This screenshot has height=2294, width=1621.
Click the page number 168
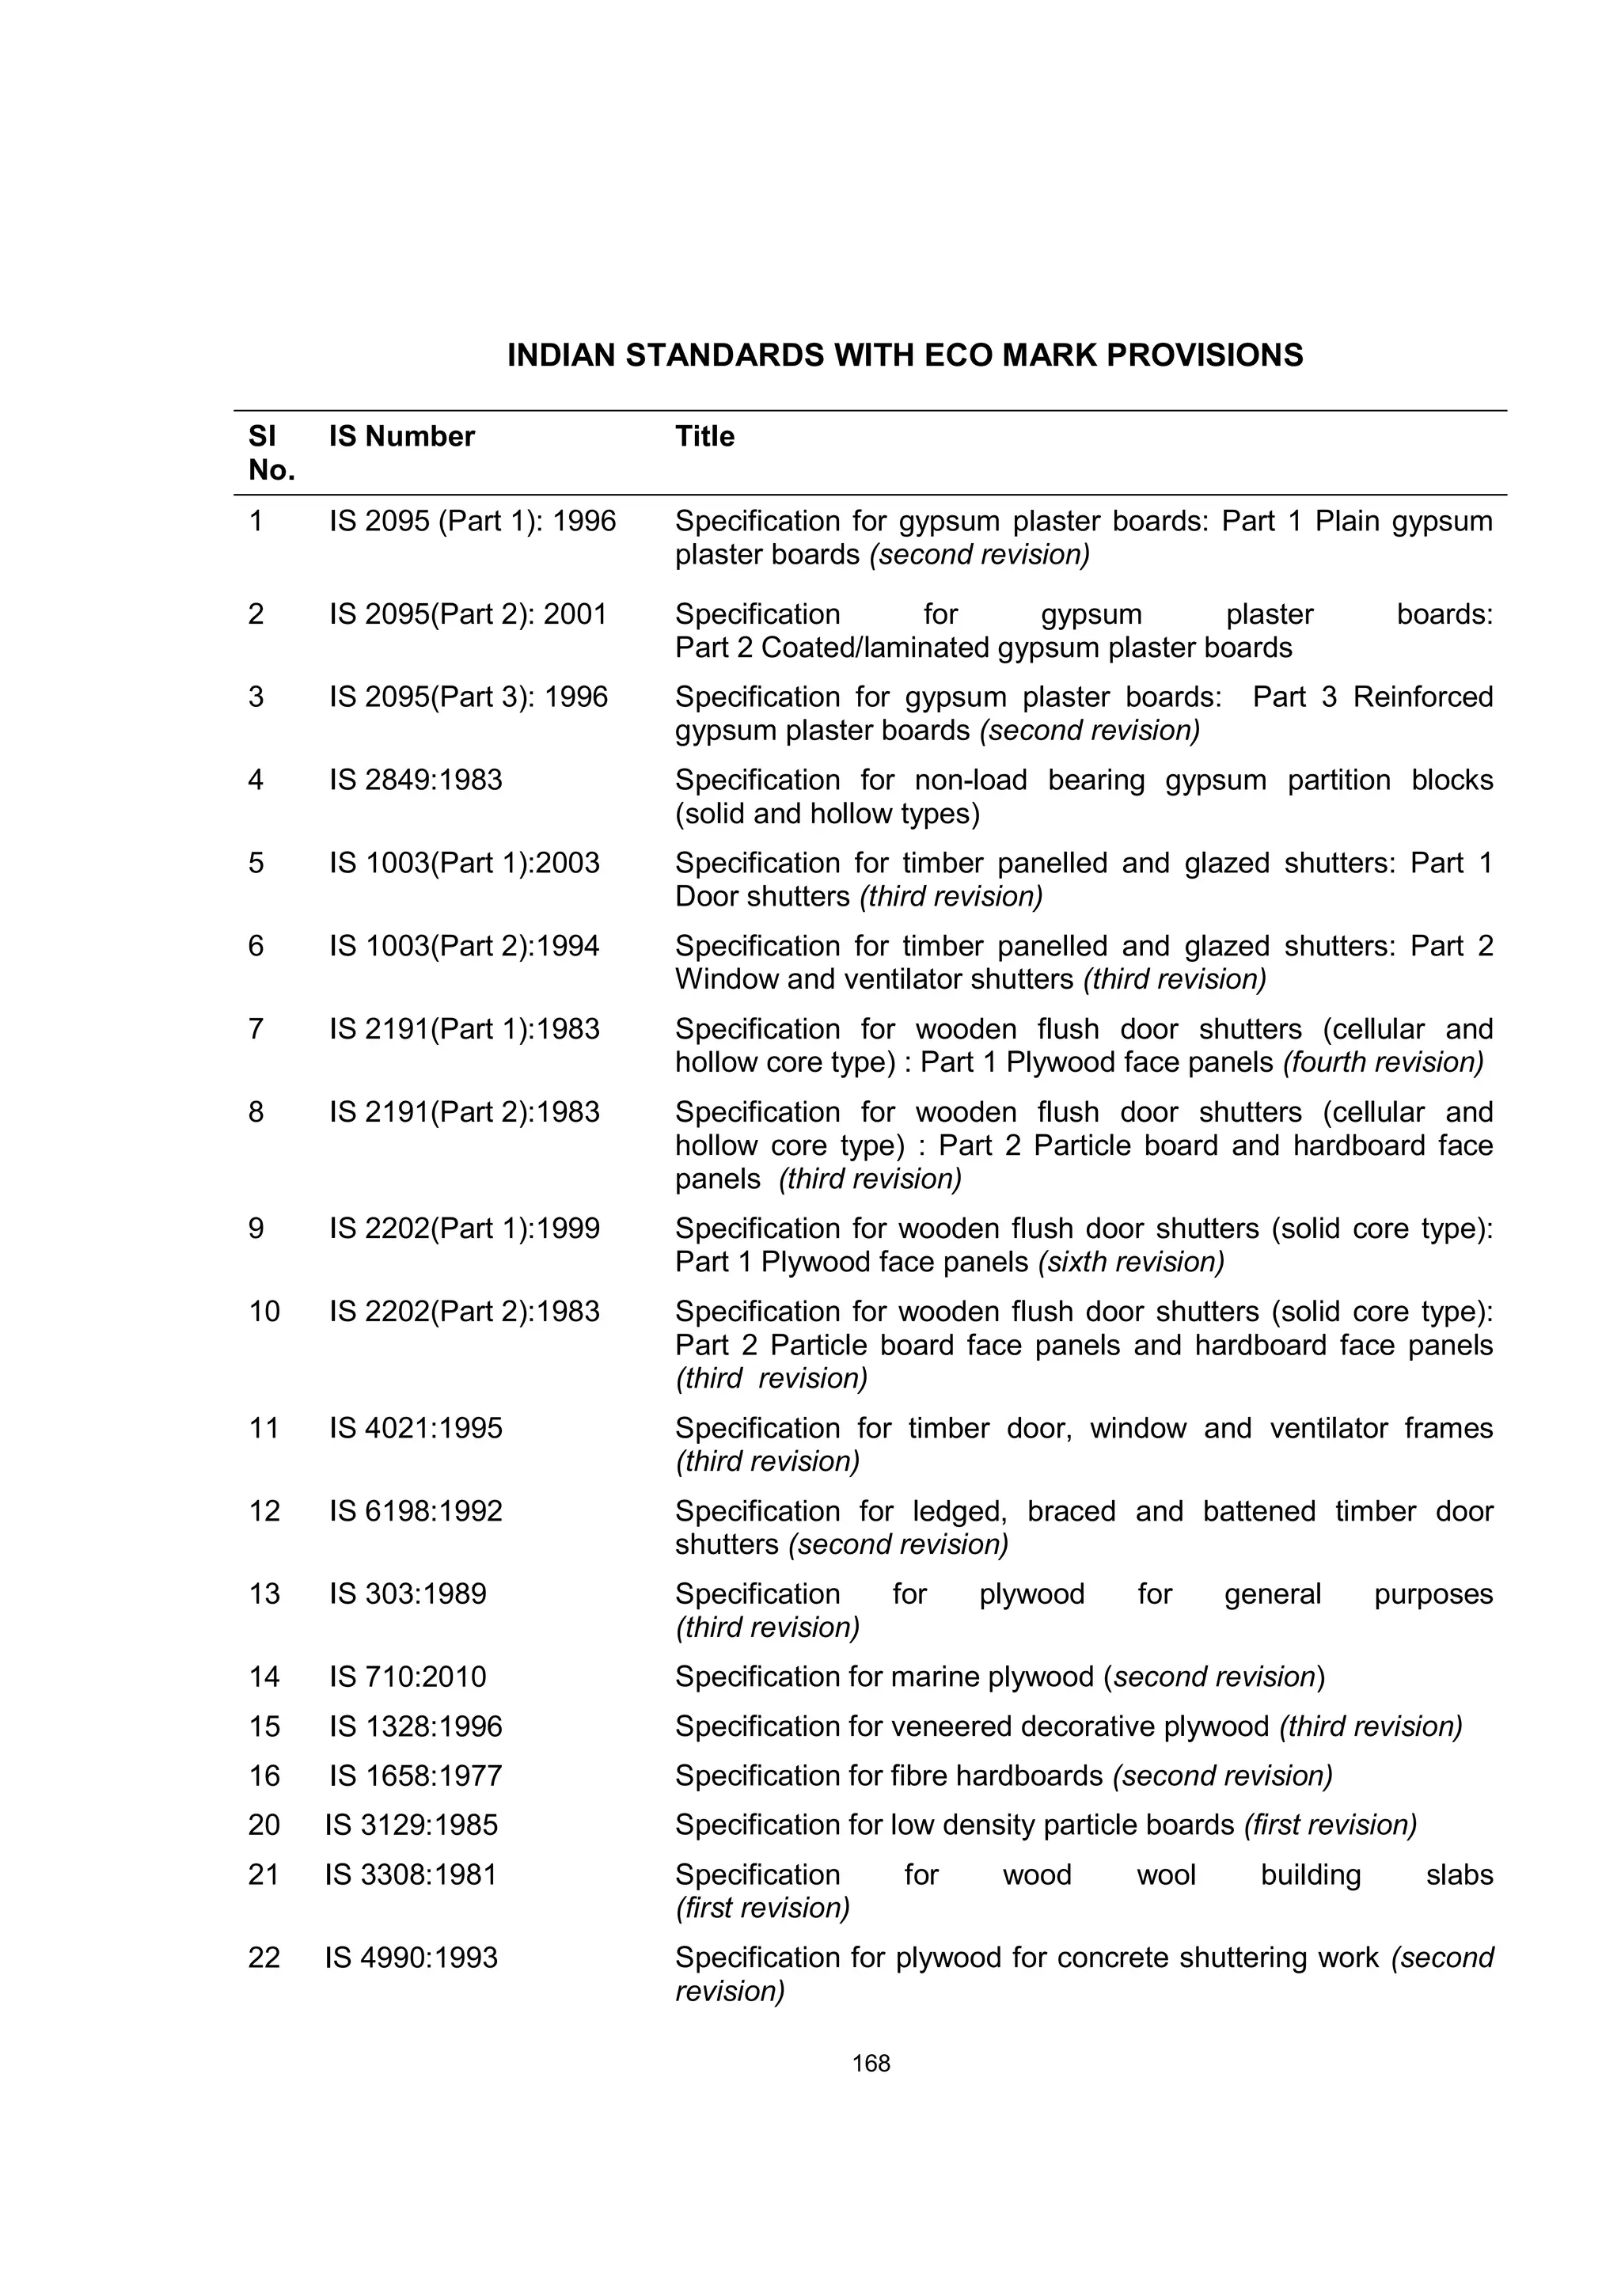click(x=871, y=2063)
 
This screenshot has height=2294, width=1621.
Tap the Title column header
click(x=704, y=437)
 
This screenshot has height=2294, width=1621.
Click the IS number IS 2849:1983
click(x=416, y=780)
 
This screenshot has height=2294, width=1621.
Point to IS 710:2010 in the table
click(x=408, y=1677)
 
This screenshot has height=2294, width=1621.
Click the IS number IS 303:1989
click(x=408, y=1593)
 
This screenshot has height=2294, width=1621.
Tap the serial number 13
click(x=264, y=1593)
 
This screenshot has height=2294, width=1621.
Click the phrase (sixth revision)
click(x=1130, y=1262)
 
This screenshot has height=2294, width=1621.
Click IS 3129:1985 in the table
click(x=411, y=1825)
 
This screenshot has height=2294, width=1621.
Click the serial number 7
click(x=256, y=1029)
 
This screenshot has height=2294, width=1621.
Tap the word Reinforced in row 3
click(x=1422, y=697)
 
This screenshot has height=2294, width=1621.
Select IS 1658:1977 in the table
click(x=416, y=1776)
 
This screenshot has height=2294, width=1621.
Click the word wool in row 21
click(x=1166, y=1874)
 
